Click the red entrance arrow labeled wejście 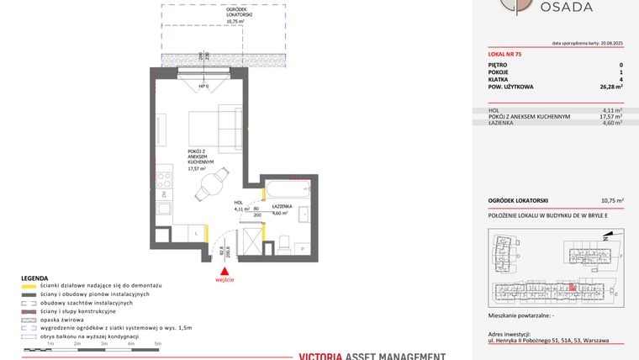pos(224,271)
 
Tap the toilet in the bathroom pos(283,245)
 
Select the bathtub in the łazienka pos(291,191)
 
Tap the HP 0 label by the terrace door pos(203,87)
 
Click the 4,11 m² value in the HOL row pos(611,110)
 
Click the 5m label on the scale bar pos(157,344)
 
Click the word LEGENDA pos(34,278)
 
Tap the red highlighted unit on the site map pos(573,288)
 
